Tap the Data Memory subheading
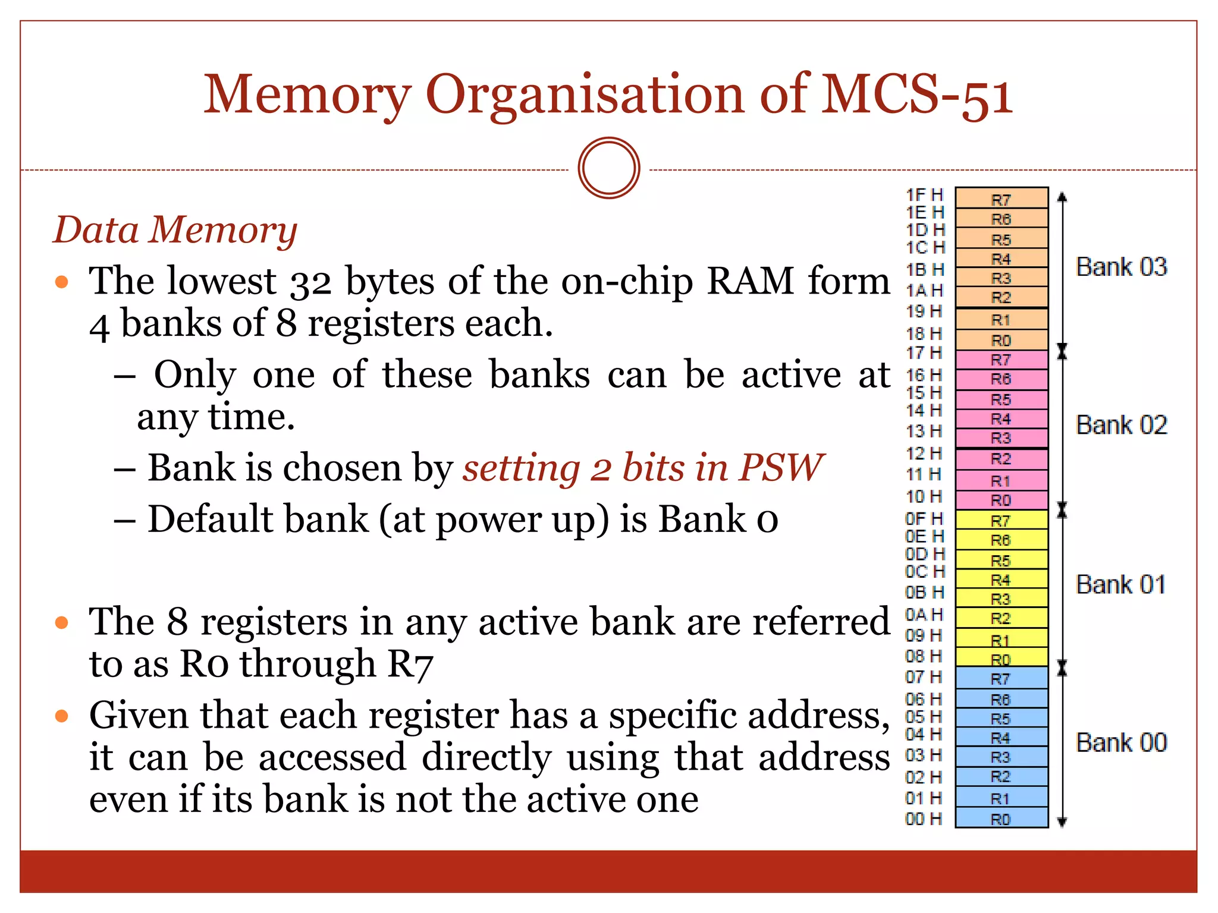[175, 230]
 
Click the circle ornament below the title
[608, 168]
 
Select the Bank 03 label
[1121, 267]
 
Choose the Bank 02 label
[1121, 425]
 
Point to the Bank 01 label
[1120, 584]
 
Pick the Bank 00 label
[1121, 742]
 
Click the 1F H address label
[924, 195]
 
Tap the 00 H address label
[924, 819]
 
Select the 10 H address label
[924, 496]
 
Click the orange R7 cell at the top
[1001, 199]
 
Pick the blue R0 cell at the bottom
[1001, 818]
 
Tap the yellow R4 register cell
[1001, 580]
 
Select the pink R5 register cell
[1001, 399]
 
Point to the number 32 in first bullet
[310, 282]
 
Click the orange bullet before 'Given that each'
[62, 716]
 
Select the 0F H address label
[924, 518]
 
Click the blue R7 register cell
[1001, 678]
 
